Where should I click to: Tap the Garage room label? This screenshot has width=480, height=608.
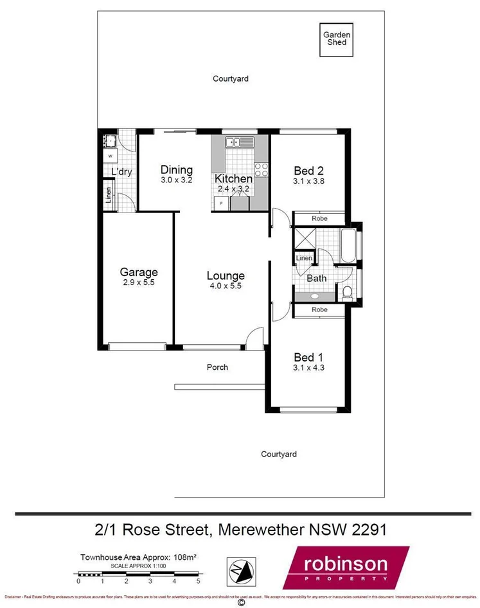tap(139, 272)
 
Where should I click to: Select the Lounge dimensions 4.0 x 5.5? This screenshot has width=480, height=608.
tap(225, 286)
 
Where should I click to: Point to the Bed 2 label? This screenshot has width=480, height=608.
tap(308, 171)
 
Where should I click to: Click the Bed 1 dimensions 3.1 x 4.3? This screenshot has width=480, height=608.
tap(308, 368)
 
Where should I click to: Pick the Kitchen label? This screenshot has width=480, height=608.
tap(233, 178)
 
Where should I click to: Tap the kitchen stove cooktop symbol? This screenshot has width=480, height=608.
tap(262, 169)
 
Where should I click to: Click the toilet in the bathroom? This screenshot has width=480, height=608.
tap(346, 293)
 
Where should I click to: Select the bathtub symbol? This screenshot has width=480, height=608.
tap(349, 245)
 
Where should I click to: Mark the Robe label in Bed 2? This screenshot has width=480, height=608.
tap(319, 219)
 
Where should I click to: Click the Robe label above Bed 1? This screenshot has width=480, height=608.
tap(319, 309)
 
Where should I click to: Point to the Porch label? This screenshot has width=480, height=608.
tap(217, 367)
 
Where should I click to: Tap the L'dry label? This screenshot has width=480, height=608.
tap(121, 172)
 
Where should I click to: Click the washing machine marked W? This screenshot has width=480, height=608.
tap(111, 156)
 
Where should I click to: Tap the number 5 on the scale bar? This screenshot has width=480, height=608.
tap(199, 581)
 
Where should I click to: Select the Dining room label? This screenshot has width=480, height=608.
tap(177, 171)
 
